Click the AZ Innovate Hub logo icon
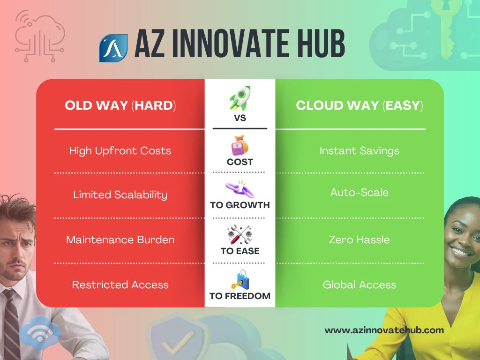113,47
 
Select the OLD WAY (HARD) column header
120,105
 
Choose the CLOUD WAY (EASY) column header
360,105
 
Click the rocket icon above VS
240,98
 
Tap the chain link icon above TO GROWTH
240,189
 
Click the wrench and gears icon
240,234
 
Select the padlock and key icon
240,279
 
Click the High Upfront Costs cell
120,150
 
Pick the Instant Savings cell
360,150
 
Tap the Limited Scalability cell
120,195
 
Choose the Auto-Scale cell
360,192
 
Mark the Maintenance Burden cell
120,240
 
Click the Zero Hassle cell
360,240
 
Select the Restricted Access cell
120,285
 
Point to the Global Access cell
360,285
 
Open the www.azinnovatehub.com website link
384,330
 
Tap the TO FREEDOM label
240,296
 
